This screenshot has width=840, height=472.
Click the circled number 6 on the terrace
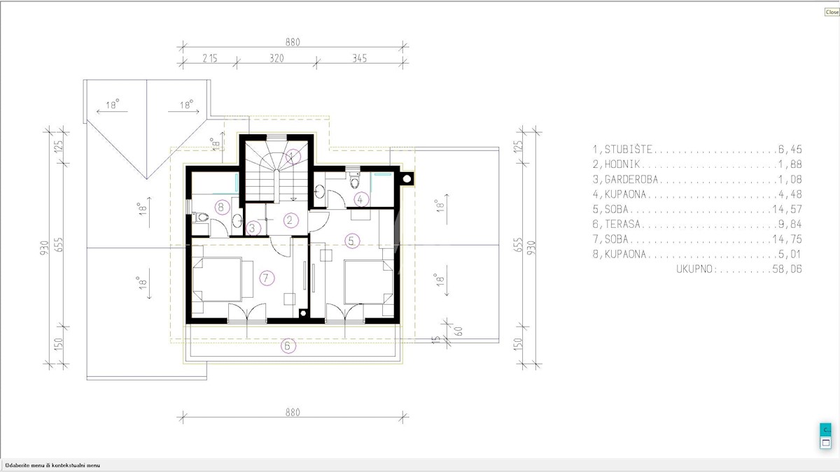coord(288,345)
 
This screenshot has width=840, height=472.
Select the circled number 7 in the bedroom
coord(267,278)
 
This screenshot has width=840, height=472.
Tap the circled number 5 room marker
coord(351,241)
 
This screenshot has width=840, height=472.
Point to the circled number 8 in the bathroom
coord(222,207)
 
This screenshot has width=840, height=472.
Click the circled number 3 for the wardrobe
coord(253,228)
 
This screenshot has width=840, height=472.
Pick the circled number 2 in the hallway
coord(290,220)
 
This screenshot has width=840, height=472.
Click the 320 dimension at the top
coord(276,58)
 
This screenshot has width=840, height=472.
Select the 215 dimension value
coord(210,58)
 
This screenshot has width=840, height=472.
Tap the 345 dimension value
coord(360,58)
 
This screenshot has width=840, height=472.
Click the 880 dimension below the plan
coord(293,413)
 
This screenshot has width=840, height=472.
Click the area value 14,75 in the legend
coord(787,239)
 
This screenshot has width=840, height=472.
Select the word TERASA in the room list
coord(622,224)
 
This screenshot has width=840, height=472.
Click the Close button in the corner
coord(832,12)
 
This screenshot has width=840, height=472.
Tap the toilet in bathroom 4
coord(354,180)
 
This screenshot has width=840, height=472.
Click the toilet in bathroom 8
coord(201,217)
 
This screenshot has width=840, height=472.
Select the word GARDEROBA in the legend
coord(631,179)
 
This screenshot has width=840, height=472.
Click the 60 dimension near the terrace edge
coord(458,331)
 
